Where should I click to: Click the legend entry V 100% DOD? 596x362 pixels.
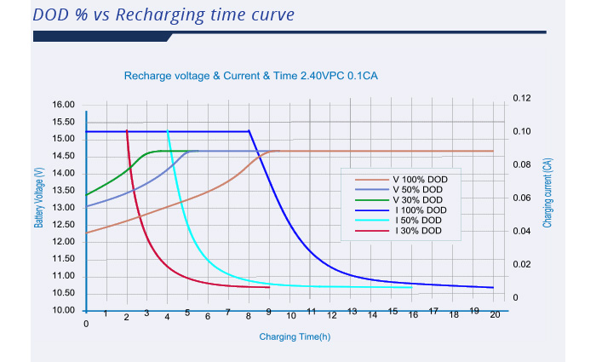coord(401,180)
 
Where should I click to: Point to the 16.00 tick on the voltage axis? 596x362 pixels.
coord(64,105)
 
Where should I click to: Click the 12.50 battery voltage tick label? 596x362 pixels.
coord(64,225)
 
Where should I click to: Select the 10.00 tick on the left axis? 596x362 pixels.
coord(64,310)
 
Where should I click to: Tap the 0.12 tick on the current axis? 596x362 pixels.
coord(522,98)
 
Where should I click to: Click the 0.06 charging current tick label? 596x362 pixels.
coord(522,198)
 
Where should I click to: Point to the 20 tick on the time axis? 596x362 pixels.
coord(495,314)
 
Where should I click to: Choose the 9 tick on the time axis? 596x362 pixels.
coord(269,312)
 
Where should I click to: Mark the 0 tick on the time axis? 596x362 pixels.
coord(86,324)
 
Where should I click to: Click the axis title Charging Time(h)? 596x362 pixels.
coord(295,336)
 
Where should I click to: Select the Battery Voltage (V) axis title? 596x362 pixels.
coord(39,198)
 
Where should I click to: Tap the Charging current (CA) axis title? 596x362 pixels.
coord(547,193)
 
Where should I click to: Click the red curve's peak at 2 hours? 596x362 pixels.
coord(127,131)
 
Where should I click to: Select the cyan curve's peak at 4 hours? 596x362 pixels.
coord(167,131)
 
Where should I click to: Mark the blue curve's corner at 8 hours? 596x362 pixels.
coord(249,131)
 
